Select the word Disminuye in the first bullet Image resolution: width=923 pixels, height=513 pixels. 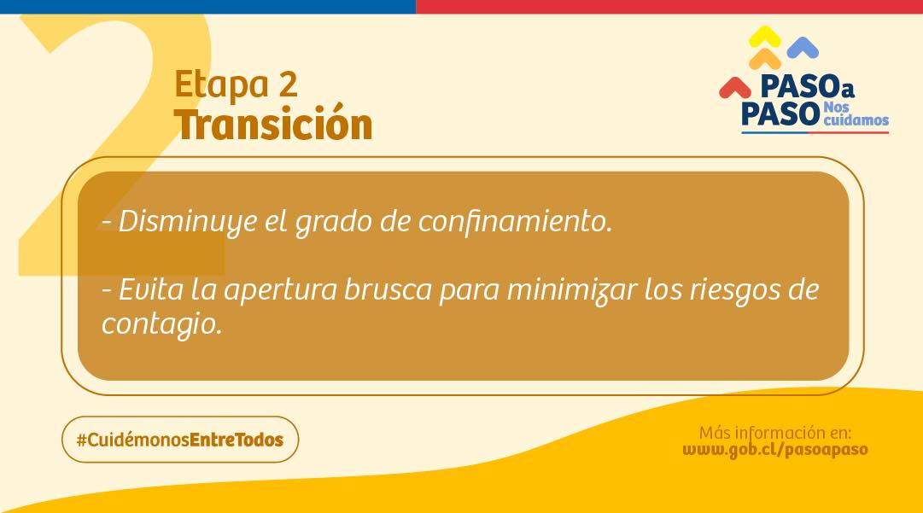point(188,223)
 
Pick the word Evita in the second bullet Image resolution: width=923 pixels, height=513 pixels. point(151,289)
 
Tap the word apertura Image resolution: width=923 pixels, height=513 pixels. point(281,290)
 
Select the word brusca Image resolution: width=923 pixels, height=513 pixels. point(388,289)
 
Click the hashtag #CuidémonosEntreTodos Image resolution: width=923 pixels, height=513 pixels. point(180,440)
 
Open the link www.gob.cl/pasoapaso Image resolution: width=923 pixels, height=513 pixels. point(775,450)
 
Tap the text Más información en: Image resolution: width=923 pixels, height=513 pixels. point(775,433)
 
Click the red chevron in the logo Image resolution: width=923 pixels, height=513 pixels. point(735,88)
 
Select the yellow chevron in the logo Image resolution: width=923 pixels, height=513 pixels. point(765,37)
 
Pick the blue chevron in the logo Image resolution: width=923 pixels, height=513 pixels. point(803,48)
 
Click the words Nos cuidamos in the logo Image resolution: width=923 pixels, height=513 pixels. point(855,114)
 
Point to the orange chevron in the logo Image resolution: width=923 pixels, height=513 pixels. point(765,59)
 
